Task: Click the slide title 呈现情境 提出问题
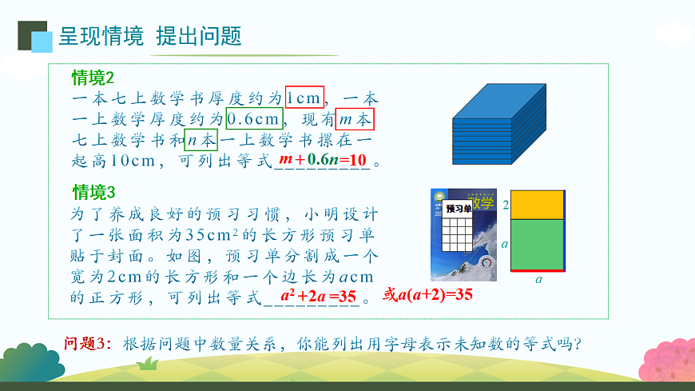pyautogui.click(x=150, y=36)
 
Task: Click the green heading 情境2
pyautogui.click(x=93, y=78)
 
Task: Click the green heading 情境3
pyautogui.click(x=94, y=193)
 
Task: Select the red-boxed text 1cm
pyautogui.click(x=304, y=98)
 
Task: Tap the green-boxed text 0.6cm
pyautogui.click(x=255, y=119)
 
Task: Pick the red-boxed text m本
pyautogui.click(x=355, y=119)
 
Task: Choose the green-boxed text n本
pyautogui.click(x=201, y=140)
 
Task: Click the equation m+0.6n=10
pyautogui.click(x=323, y=160)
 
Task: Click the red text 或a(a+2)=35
pyautogui.click(x=428, y=294)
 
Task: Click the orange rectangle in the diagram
pyautogui.click(x=538, y=205)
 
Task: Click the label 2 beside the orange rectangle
pyautogui.click(x=505, y=205)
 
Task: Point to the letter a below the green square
pyautogui.click(x=538, y=280)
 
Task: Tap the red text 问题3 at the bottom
pyautogui.click(x=90, y=344)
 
